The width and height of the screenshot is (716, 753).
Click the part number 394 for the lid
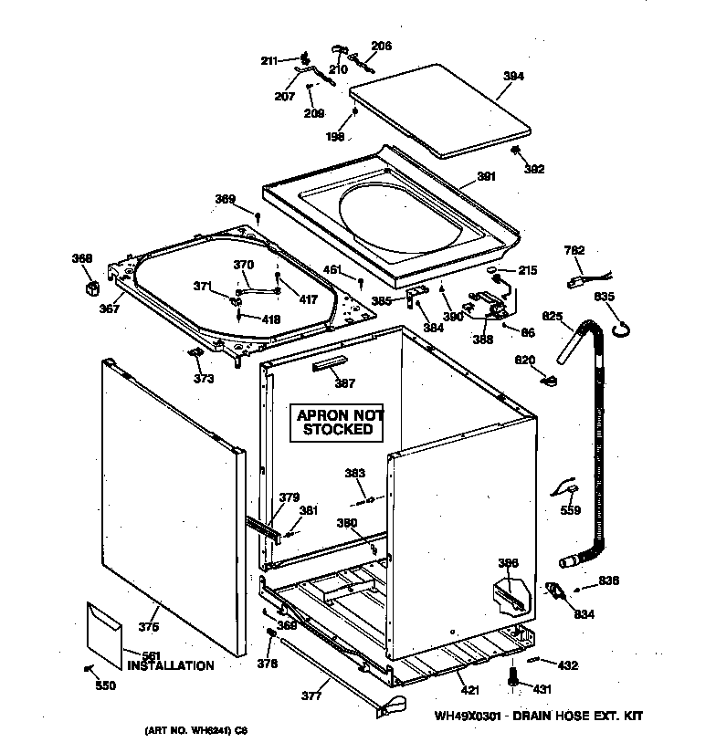513,78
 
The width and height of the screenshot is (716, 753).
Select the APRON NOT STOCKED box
337,422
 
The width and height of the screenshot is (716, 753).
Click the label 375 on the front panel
148,627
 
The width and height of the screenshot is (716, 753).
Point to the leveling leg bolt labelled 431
512,676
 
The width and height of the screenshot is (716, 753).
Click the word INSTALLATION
171,666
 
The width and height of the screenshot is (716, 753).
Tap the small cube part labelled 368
90,289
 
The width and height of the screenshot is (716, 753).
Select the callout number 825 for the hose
552,316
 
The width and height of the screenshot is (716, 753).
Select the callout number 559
571,511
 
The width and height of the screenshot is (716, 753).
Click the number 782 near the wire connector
575,251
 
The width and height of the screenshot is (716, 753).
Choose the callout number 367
110,309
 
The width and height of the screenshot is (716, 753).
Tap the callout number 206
381,46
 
